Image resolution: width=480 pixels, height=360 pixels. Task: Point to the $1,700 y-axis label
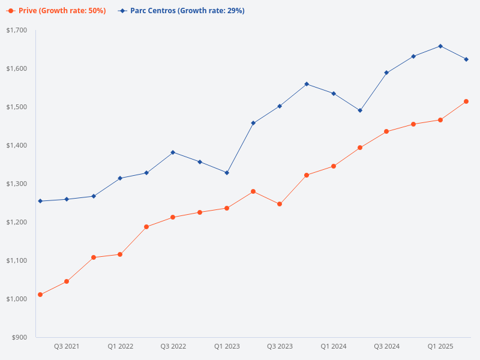pos(17,30)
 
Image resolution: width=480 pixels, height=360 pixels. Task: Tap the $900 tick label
pos(19,337)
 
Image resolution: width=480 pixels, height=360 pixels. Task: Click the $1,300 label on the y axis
pos(17,184)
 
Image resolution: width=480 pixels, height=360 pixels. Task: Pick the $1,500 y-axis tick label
pos(17,107)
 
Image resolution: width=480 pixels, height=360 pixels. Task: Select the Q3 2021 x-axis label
pos(67,346)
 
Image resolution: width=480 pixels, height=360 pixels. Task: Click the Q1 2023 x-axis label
pos(227,346)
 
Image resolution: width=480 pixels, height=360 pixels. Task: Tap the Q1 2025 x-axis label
pos(440,346)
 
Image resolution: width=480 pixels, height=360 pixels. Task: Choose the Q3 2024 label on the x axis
pos(387,346)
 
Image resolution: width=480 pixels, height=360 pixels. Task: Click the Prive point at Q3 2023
pos(280,204)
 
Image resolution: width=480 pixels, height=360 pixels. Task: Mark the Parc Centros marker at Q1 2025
pos(440,46)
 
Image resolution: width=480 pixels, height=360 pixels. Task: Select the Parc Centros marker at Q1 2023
pos(227,173)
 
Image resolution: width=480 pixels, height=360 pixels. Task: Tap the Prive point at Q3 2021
pos(67,281)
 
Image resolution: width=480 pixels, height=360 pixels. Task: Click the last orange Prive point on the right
pos(466,101)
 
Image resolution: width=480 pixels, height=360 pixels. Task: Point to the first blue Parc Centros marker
pos(40,201)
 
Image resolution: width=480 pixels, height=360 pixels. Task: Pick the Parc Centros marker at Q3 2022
pos(173,152)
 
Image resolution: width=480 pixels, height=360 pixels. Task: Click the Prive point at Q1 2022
pos(120,254)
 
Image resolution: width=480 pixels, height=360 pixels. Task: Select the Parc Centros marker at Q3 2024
pos(387,73)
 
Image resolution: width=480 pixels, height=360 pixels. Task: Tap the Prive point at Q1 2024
pos(334,166)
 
